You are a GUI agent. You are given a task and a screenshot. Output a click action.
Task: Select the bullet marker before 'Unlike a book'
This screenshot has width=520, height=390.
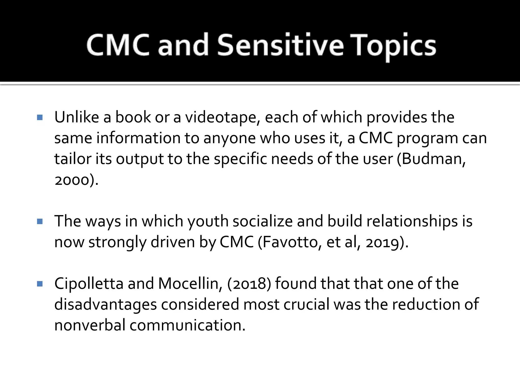coord(40,118)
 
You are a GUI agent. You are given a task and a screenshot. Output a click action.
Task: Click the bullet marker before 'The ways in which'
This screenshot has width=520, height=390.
coord(40,222)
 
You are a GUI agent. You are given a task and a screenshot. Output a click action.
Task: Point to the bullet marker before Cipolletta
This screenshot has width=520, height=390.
coord(40,284)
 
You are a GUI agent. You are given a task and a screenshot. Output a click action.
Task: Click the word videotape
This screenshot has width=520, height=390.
coord(222,118)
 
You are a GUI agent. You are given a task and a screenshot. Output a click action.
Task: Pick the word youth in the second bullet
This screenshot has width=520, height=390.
coord(208,221)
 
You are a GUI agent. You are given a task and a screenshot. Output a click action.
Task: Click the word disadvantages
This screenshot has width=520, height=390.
coord(105,305)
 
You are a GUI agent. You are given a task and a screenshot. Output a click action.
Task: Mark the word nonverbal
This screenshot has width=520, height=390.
coord(90,326)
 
